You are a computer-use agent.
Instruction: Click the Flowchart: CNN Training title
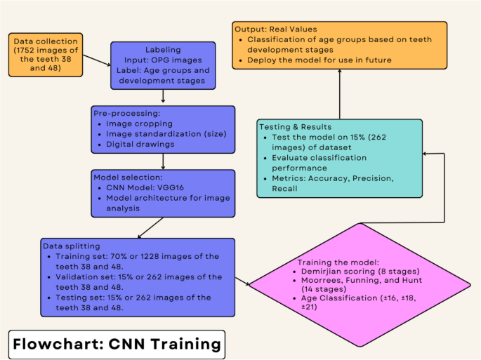pyautogui.click(x=117, y=345)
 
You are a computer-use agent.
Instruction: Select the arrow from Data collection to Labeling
pyautogui.click(x=97, y=62)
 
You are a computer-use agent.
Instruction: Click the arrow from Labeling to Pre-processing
pyautogui.click(x=162, y=97)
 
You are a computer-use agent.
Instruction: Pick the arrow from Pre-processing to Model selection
pyautogui.click(x=163, y=161)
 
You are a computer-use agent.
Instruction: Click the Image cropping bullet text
pyautogui.click(x=140, y=124)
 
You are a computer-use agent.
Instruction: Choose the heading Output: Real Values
pyautogui.click(x=277, y=29)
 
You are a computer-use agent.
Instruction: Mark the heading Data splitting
pyautogui.click(x=72, y=247)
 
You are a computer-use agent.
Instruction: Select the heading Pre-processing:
pyautogui.click(x=124, y=112)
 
